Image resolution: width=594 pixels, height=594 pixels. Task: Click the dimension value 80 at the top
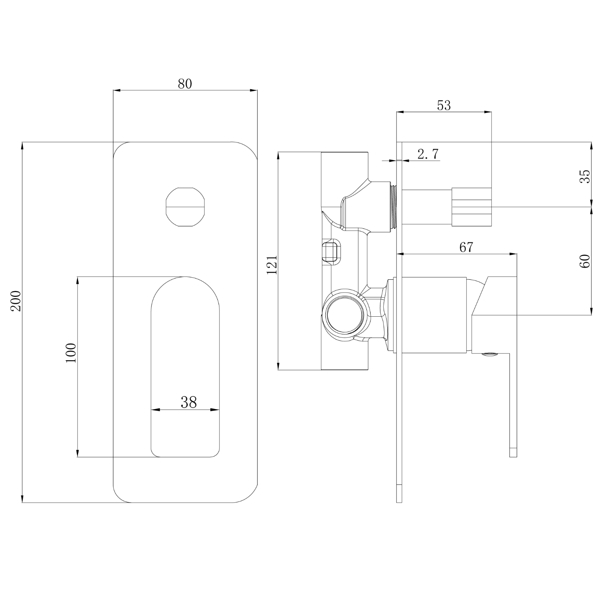click(185, 83)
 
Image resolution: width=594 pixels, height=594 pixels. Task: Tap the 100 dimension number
click(71, 352)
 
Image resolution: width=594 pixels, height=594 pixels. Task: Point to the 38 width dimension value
click(189, 402)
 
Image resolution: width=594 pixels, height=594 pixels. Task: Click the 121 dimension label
click(272, 265)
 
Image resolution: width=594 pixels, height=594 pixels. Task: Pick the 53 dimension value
click(444, 106)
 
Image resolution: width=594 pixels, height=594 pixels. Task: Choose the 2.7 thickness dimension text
click(428, 154)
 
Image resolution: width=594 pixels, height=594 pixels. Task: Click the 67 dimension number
click(466, 247)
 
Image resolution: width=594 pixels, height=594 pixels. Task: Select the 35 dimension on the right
click(585, 176)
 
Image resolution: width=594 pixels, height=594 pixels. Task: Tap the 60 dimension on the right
click(585, 261)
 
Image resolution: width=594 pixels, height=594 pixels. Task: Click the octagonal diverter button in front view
click(185, 207)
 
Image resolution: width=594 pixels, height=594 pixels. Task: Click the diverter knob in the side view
click(472, 207)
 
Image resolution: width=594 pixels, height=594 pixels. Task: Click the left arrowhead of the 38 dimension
click(154, 410)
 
